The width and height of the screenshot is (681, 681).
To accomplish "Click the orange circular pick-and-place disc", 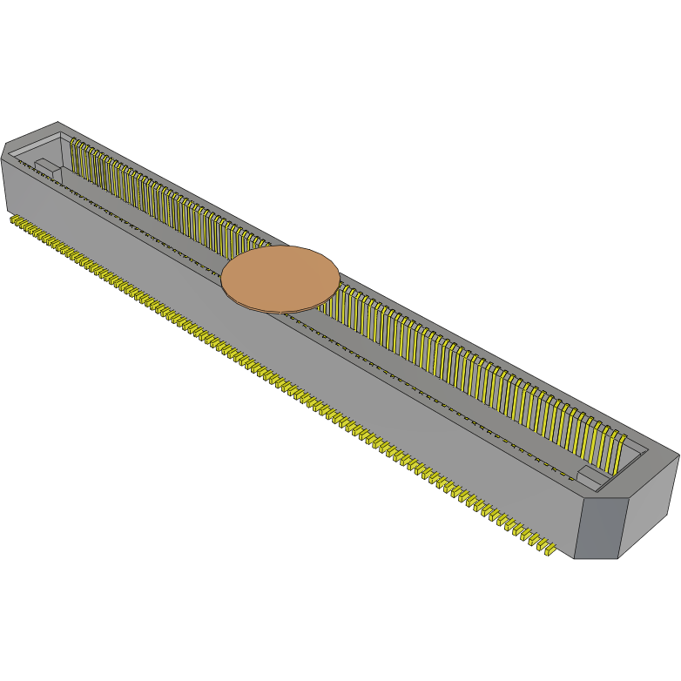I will tap(280, 277).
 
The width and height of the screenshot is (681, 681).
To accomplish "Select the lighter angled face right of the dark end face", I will tap(649, 505).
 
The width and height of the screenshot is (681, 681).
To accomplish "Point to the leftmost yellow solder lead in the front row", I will tap(13, 220).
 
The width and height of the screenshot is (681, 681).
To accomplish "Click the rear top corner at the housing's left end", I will tap(57, 123).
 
